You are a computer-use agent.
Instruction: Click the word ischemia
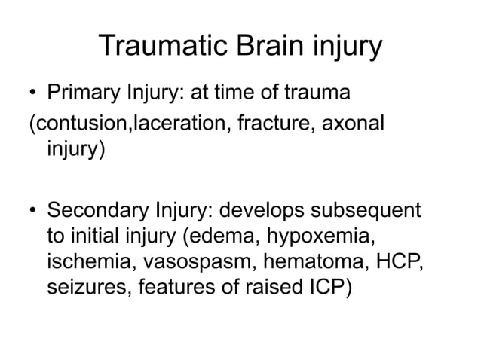pyautogui.click(x=83, y=264)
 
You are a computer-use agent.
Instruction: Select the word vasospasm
pyautogui.click(x=185, y=264)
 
